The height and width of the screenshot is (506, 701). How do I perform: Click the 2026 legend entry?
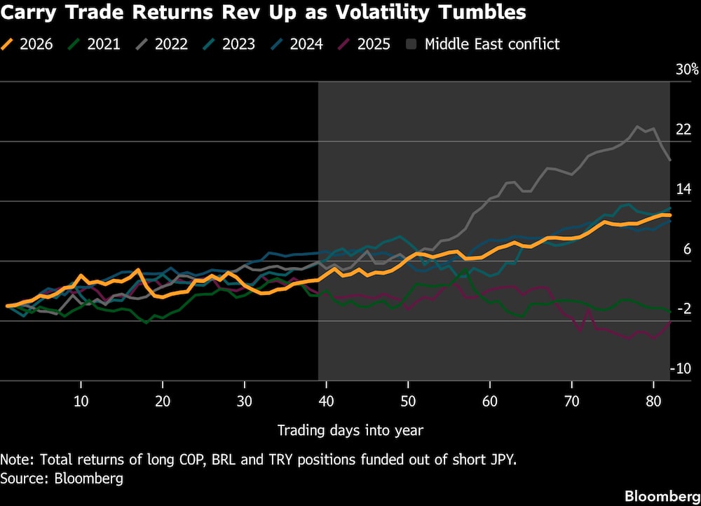coord(27,44)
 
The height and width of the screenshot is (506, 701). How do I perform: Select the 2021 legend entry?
coord(95,44)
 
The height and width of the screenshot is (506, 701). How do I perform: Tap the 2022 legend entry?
coord(162,44)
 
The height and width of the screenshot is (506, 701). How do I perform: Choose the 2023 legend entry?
coord(229,44)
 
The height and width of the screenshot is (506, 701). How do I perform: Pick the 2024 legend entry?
coord(297,44)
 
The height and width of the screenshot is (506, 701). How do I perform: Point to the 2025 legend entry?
coord(365,44)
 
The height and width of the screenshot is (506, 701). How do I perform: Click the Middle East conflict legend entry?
coord(484,44)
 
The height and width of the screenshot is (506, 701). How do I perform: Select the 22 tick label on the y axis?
coord(683,130)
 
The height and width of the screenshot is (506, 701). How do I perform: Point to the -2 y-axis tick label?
coord(683,309)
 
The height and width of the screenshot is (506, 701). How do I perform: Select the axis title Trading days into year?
coord(350,430)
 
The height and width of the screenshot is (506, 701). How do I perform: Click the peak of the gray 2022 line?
coord(638,127)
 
